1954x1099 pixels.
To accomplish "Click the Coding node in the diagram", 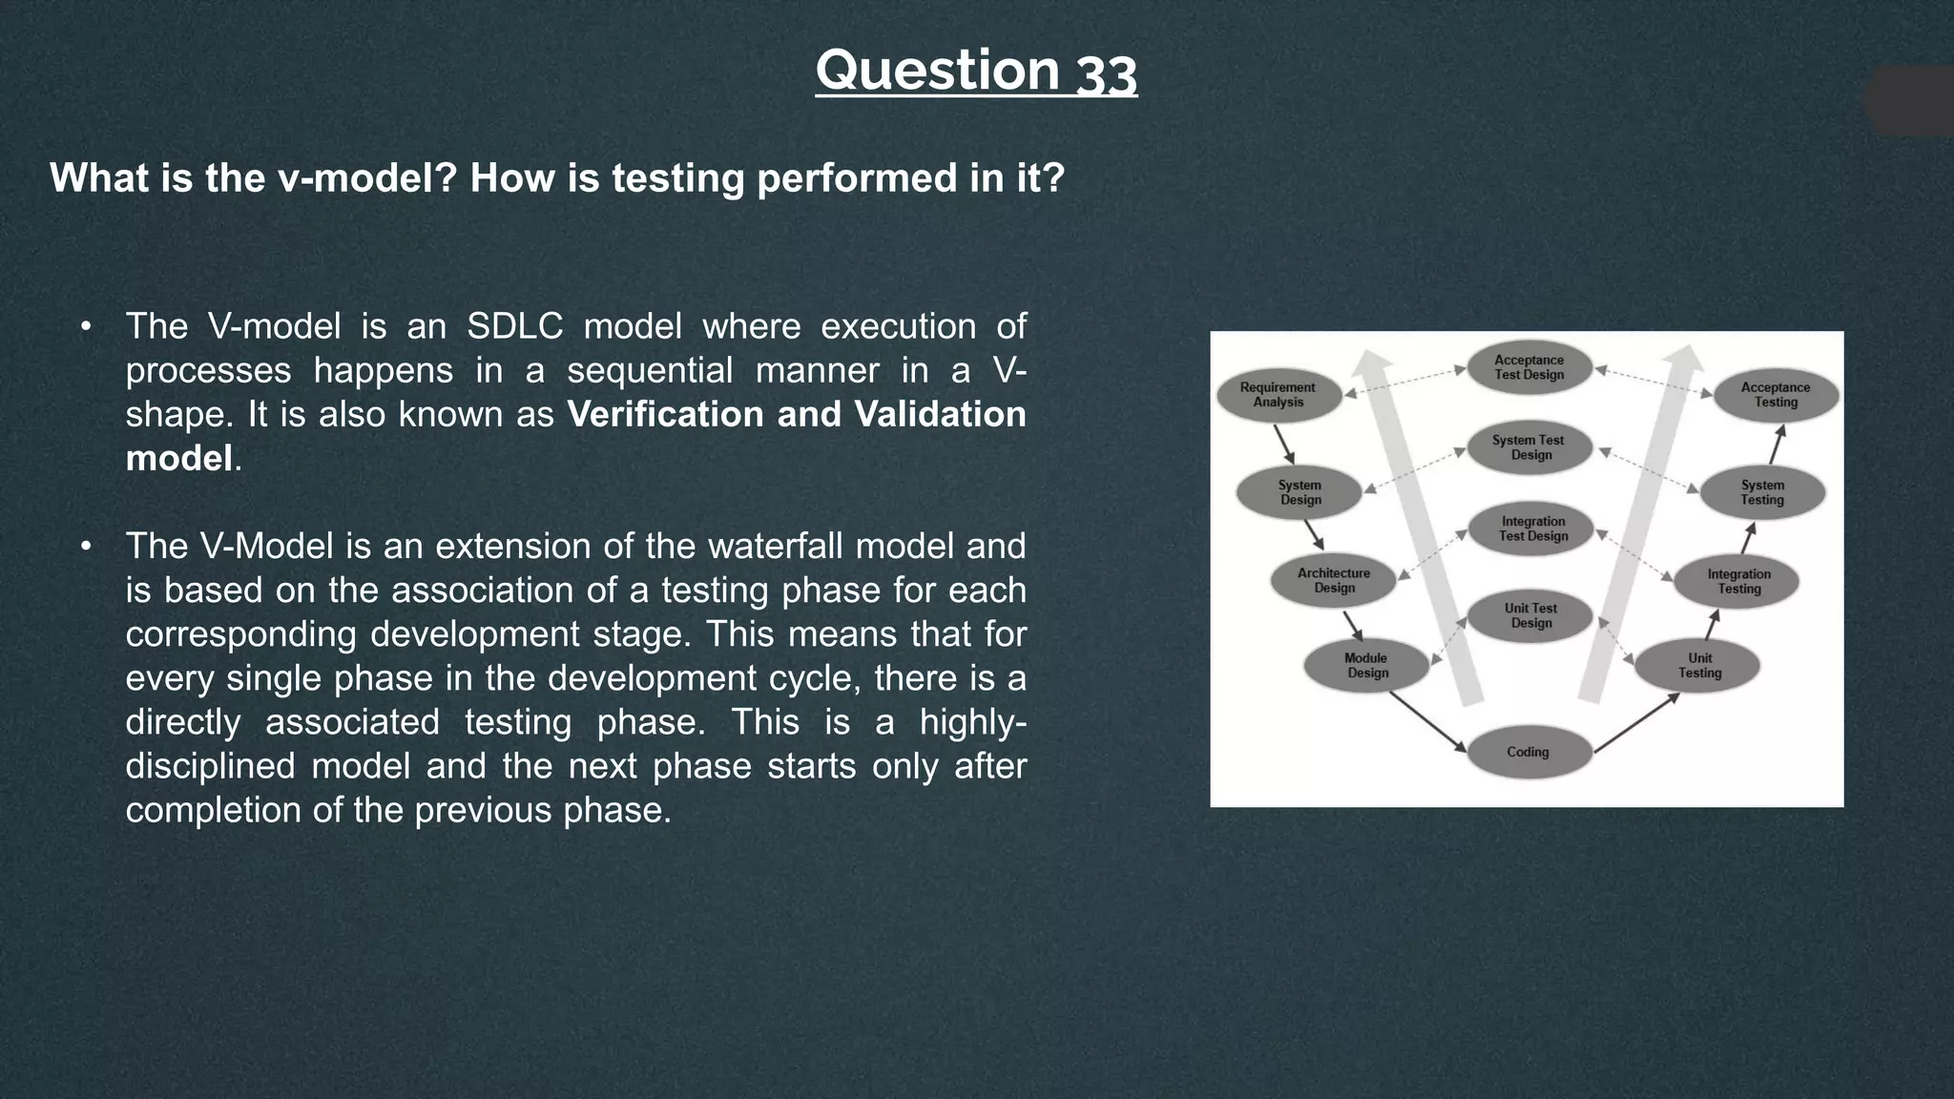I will point(1528,752).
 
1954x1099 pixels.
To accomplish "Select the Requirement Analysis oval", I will point(1278,395).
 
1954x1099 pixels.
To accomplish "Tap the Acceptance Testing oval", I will point(1776,395).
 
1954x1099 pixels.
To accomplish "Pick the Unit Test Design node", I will point(1530,615).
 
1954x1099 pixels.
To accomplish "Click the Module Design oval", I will point(1366,665).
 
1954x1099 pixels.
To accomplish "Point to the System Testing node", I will point(1762,492).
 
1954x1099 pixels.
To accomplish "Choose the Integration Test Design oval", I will point(1532,529).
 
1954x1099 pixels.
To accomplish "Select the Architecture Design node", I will point(1334,580).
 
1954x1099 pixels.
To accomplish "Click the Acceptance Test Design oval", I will point(1529,367).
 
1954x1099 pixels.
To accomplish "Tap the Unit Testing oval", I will point(1698,665).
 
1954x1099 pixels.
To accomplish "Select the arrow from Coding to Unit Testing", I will point(1637,723).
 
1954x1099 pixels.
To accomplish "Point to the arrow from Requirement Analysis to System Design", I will point(1284,444).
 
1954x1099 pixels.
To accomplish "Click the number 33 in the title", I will point(1107,73).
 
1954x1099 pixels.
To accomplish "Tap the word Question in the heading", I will point(937,71).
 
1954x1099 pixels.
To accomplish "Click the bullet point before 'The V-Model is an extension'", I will point(86,547).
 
